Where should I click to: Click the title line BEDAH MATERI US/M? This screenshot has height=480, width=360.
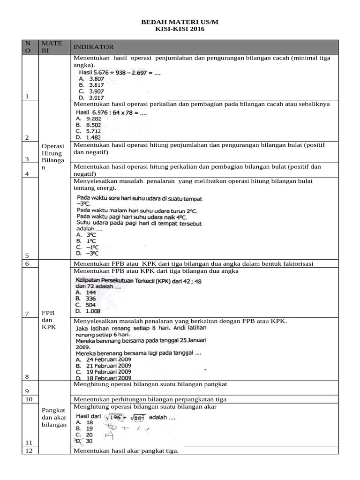point(180,22)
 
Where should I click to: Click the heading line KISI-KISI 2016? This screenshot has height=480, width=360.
point(180,29)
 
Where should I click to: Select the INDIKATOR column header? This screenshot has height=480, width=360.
point(93,47)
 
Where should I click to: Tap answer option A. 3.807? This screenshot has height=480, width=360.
point(90,79)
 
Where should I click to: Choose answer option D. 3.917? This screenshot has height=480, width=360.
point(90,97)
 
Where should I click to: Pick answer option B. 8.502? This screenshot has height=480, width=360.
point(90,125)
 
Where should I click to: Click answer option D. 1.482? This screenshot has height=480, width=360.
point(90,137)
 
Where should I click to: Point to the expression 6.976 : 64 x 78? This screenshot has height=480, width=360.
point(112,112)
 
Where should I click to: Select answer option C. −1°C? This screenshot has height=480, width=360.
point(87,247)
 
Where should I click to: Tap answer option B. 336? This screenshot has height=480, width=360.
point(85,298)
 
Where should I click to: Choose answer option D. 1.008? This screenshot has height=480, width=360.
point(87,310)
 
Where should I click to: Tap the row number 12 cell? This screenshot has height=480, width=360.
point(29,450)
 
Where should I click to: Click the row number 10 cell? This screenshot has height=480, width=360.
point(29,399)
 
